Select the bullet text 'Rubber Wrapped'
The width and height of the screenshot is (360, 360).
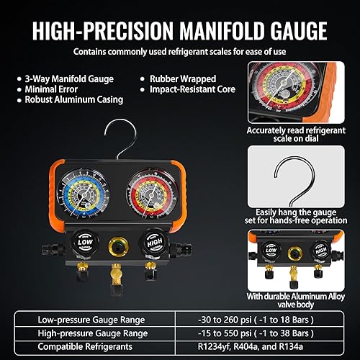point(179,78)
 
